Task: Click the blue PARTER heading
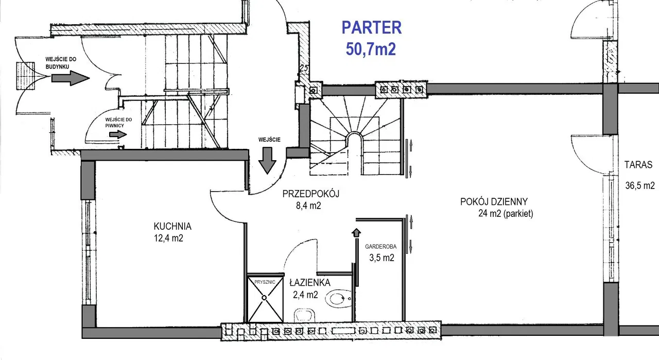click(x=372, y=28)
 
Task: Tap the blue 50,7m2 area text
click(x=371, y=49)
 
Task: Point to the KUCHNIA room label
click(x=172, y=227)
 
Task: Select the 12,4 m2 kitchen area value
click(x=168, y=238)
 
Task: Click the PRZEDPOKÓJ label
click(x=310, y=194)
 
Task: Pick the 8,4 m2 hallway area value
click(x=308, y=205)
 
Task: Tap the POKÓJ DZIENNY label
click(x=494, y=202)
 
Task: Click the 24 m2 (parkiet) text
click(x=506, y=213)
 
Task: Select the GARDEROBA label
click(x=380, y=247)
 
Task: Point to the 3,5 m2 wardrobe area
click(x=381, y=258)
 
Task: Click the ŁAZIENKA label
click(x=310, y=283)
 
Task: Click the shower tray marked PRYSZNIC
click(x=265, y=299)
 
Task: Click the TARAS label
click(x=638, y=164)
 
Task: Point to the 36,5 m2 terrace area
click(x=640, y=185)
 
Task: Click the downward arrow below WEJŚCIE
click(x=267, y=161)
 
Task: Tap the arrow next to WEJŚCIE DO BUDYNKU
click(x=71, y=78)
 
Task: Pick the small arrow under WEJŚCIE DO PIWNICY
click(x=118, y=134)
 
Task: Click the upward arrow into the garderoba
click(x=356, y=233)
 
